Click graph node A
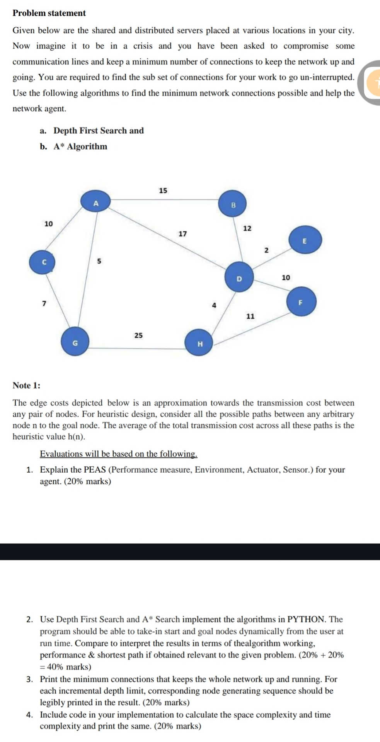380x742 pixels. point(96,203)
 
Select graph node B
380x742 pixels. point(233,205)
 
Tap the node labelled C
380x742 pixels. point(43,262)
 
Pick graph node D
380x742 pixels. point(239,277)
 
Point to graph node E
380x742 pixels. point(305,241)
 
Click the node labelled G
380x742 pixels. point(75,342)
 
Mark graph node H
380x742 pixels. point(200,343)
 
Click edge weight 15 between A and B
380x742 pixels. point(163,191)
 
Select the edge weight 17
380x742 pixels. point(182,234)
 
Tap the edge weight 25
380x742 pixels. point(138,335)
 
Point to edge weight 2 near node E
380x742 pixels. point(266,250)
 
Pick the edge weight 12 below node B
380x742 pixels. point(247,228)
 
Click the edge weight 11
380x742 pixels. point(250,317)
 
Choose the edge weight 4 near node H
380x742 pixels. point(214,305)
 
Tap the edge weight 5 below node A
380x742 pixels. point(99,261)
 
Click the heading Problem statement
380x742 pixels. point(49,13)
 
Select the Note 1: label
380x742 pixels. point(26,385)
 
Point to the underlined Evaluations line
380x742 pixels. point(119,454)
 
